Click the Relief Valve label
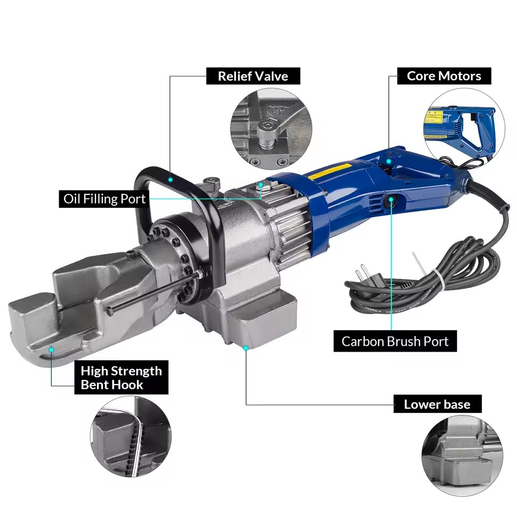(x=253, y=76)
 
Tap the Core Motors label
(x=444, y=76)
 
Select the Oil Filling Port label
(x=104, y=199)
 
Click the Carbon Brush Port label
(x=395, y=341)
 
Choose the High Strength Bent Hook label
(x=121, y=378)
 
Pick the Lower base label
(x=437, y=404)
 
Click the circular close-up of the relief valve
(x=271, y=129)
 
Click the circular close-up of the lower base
(x=462, y=455)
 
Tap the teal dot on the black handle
(x=171, y=180)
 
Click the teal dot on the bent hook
(x=52, y=349)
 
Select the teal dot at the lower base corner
(x=246, y=348)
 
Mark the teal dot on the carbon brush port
(x=391, y=199)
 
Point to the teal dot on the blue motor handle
(x=389, y=161)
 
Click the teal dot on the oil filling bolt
(x=261, y=185)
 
